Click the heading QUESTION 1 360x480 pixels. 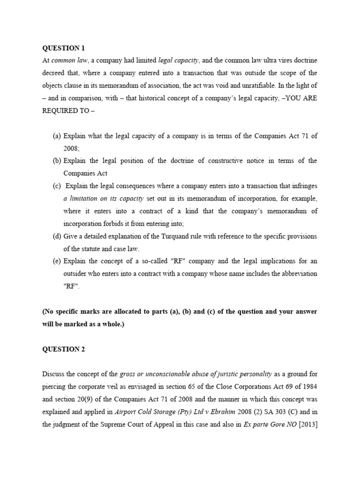pos(64,48)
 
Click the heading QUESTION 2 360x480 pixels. pos(64,349)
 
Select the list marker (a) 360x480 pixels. pos(57,135)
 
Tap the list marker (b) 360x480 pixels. pos(57,161)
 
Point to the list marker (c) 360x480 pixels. pos(57,186)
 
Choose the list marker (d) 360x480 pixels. pos(57,236)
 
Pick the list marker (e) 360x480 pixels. pos(57,261)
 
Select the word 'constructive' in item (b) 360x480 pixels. pos(235,161)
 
